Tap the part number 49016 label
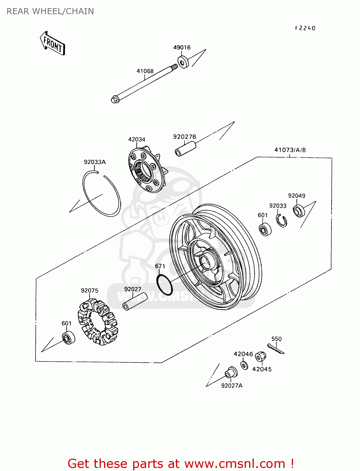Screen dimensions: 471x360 [x=182, y=47]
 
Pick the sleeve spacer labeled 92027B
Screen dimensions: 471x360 [x=185, y=148]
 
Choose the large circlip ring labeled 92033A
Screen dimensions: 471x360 [x=101, y=194]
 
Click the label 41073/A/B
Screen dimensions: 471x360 [x=290, y=150]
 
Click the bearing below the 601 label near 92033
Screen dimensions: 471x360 [x=265, y=230]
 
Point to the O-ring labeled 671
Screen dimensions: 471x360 [x=165, y=284]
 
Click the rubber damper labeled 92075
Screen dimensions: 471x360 [x=98, y=322]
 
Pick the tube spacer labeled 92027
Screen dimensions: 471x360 [x=135, y=301]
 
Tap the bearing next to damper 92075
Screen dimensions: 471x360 [x=68, y=338]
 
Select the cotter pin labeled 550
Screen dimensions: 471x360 [x=276, y=349]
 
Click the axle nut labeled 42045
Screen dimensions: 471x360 [x=260, y=357]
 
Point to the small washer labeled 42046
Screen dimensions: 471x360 [x=244, y=365]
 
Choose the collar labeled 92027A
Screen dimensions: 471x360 [x=232, y=373]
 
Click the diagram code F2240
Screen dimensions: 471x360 [x=305, y=28]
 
